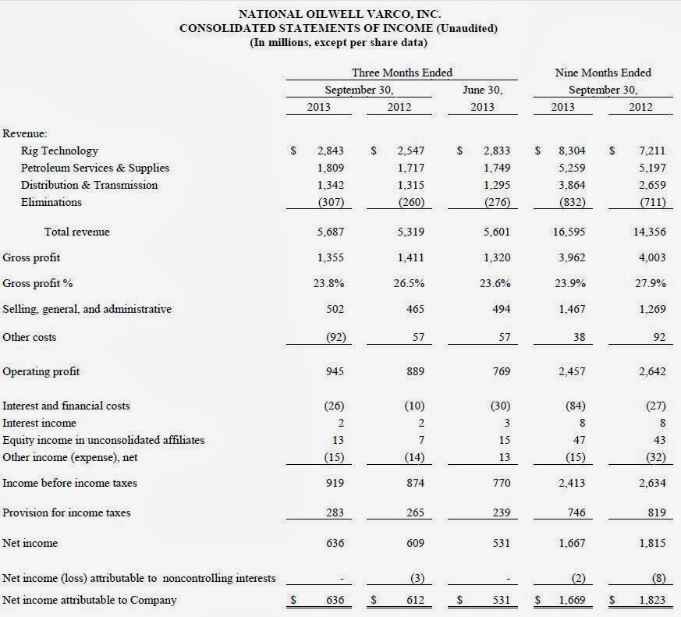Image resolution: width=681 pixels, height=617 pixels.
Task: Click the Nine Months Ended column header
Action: click(602, 73)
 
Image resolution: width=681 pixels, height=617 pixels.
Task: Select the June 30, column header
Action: click(482, 90)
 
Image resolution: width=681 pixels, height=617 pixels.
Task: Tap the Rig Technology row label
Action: click(59, 151)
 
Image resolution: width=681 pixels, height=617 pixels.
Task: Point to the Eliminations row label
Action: click(51, 202)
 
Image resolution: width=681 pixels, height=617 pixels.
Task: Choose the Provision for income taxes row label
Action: click(66, 512)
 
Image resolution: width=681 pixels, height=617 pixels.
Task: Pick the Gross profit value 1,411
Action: click(410, 257)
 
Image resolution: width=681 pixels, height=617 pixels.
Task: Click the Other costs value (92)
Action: click(330, 337)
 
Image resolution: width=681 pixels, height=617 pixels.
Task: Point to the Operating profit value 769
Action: click(497, 371)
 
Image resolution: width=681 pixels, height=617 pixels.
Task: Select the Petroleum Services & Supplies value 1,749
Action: click(494, 168)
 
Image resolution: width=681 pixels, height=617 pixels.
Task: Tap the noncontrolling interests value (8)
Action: click(654, 578)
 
